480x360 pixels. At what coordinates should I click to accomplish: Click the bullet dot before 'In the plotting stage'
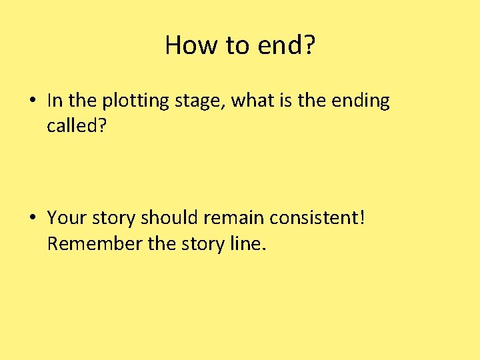coord(32,101)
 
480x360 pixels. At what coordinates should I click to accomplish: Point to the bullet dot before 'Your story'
coord(32,218)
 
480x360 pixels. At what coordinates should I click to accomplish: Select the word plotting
coord(136,101)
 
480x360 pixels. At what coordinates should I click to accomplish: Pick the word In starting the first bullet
coord(55,101)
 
